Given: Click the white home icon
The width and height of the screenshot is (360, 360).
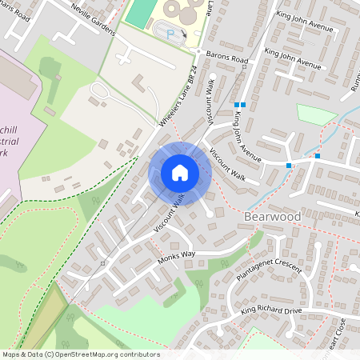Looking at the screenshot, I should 180,172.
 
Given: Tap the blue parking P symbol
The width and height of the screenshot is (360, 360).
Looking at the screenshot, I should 170,33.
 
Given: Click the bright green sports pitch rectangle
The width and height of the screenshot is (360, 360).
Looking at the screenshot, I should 140,11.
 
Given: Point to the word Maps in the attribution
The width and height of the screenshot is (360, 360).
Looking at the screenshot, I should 11,354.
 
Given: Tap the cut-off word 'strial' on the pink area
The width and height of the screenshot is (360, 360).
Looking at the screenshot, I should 15,141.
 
